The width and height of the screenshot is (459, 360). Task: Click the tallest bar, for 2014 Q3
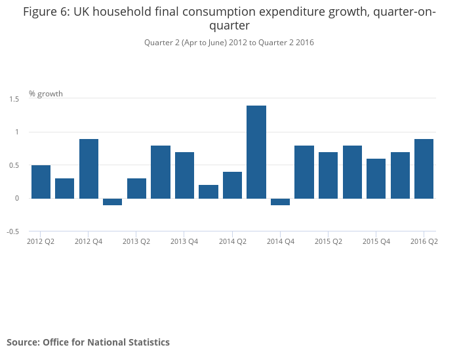pos(256,151)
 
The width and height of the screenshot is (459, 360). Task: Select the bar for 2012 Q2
pos(41,182)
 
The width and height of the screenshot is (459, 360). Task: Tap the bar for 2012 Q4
pos(89,169)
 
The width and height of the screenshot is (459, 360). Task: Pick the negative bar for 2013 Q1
pos(113,201)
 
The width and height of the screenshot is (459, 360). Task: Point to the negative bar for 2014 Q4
pos(280,201)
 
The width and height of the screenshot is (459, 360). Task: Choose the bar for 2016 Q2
pos(424,169)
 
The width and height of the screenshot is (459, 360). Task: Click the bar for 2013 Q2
pos(136,188)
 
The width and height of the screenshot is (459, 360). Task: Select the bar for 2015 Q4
pos(376,178)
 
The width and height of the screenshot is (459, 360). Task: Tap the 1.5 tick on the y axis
pos(14,99)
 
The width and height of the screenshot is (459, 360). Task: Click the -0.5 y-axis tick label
pos(13,231)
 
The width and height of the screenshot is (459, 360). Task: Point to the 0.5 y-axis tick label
pos(14,165)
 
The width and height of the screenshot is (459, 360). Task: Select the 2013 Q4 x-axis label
pos(184,241)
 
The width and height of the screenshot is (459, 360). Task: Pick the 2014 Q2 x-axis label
pos(232,241)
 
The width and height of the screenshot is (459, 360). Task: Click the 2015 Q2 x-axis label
pos(329,241)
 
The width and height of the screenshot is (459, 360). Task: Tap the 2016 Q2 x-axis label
pos(424,241)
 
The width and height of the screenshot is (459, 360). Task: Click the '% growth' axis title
pos(46,94)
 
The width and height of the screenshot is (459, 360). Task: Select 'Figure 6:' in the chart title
pos(45,12)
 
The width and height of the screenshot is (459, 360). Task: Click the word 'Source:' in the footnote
pos(23,342)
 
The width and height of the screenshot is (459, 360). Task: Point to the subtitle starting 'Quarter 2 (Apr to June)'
pos(229,43)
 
